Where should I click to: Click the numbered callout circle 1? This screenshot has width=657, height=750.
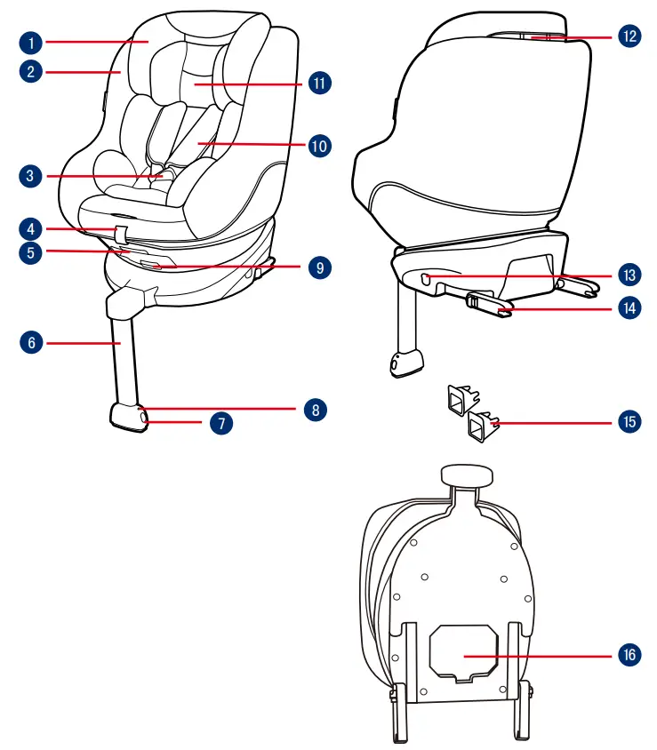click(x=30, y=42)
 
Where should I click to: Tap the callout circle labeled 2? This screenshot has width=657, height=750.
click(x=30, y=71)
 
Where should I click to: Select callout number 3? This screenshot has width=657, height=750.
click(x=30, y=176)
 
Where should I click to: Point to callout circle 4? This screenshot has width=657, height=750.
click(x=30, y=227)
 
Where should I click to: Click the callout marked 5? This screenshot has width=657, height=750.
click(x=30, y=251)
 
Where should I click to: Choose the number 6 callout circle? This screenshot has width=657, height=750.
click(x=30, y=341)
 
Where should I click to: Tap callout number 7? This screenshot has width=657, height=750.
click(x=221, y=423)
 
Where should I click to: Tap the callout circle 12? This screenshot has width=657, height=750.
click(x=629, y=36)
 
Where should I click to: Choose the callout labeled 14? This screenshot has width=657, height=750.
click(x=629, y=307)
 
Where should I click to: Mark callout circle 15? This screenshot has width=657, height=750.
click(x=629, y=420)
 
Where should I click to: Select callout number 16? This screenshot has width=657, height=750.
click(x=629, y=654)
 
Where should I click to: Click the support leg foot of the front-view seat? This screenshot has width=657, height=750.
click(x=130, y=418)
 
